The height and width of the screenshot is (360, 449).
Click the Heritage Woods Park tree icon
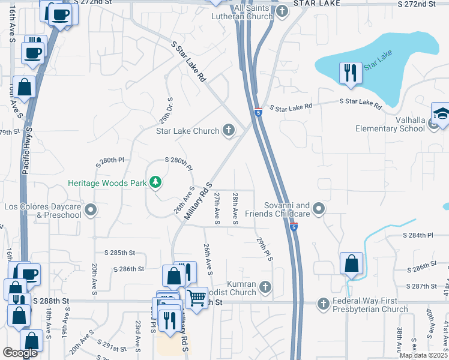tap(155, 181)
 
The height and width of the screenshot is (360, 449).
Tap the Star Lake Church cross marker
tap(228, 130)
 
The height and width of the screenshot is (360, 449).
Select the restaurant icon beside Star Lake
tap(349, 73)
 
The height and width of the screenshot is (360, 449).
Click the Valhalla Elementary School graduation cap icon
tap(441, 114)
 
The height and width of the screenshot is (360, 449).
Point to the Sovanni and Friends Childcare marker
tap(319, 209)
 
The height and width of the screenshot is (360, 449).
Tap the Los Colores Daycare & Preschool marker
tap(91, 210)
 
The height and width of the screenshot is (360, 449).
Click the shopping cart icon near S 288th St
tap(196, 297)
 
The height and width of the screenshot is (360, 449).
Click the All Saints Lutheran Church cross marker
tap(283, 10)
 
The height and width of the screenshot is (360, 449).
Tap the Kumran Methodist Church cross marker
tap(265, 288)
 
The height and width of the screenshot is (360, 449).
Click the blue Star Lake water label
tap(378, 61)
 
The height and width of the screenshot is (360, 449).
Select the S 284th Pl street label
tap(418, 235)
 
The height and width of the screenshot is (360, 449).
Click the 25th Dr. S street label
tap(166, 111)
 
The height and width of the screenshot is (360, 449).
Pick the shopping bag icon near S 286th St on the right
tap(351, 263)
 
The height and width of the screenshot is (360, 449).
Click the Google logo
tap(20, 353)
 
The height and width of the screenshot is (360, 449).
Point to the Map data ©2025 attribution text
tap(423, 355)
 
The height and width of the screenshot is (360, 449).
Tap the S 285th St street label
tap(119, 253)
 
